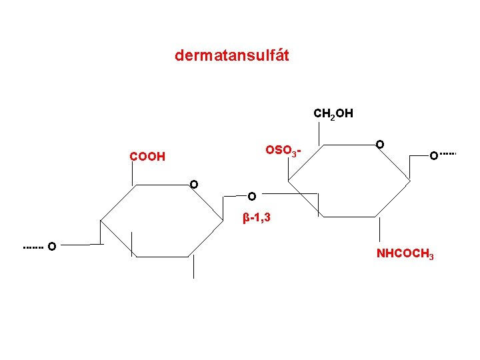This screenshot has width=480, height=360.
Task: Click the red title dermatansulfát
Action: [x=232, y=55]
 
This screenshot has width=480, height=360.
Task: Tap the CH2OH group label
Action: [x=333, y=114]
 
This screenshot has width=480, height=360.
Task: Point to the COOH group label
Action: [x=147, y=157]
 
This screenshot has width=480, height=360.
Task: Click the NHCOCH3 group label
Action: [x=405, y=254]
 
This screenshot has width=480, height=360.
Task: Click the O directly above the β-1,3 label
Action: [x=251, y=197]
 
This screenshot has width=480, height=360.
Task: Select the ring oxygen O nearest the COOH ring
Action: [x=193, y=184]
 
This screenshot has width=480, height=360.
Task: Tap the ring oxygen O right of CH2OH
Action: [x=379, y=144]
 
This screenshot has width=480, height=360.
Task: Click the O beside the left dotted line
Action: [x=51, y=247]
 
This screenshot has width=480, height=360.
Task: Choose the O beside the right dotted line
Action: [x=433, y=155]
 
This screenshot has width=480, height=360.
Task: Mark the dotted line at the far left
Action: [x=33, y=247]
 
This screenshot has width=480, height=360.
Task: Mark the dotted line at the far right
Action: [x=448, y=154]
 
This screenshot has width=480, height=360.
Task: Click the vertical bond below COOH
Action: [x=132, y=174]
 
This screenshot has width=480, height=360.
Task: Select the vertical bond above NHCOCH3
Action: [x=379, y=229]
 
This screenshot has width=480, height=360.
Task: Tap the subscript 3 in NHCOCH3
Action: [x=431, y=257]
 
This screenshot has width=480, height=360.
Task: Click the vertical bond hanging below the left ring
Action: [x=193, y=266]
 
